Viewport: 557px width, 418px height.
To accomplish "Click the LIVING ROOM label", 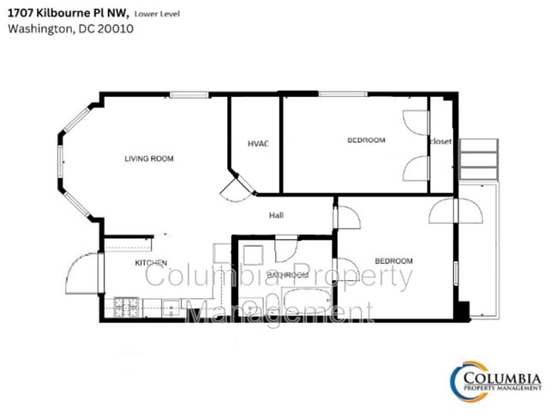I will [149, 158].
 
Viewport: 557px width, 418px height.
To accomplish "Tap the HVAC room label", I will [258, 143].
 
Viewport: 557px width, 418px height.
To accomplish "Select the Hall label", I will [276, 215].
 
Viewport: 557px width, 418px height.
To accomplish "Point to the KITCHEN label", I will [150, 263].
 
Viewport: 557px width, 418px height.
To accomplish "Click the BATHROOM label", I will [286, 275].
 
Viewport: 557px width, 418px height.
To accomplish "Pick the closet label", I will [440, 141].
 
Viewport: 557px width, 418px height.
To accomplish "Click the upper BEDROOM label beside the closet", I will [366, 140].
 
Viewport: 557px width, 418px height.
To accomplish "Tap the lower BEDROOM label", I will [394, 260].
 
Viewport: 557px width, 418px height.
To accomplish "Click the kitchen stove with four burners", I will [127, 304].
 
